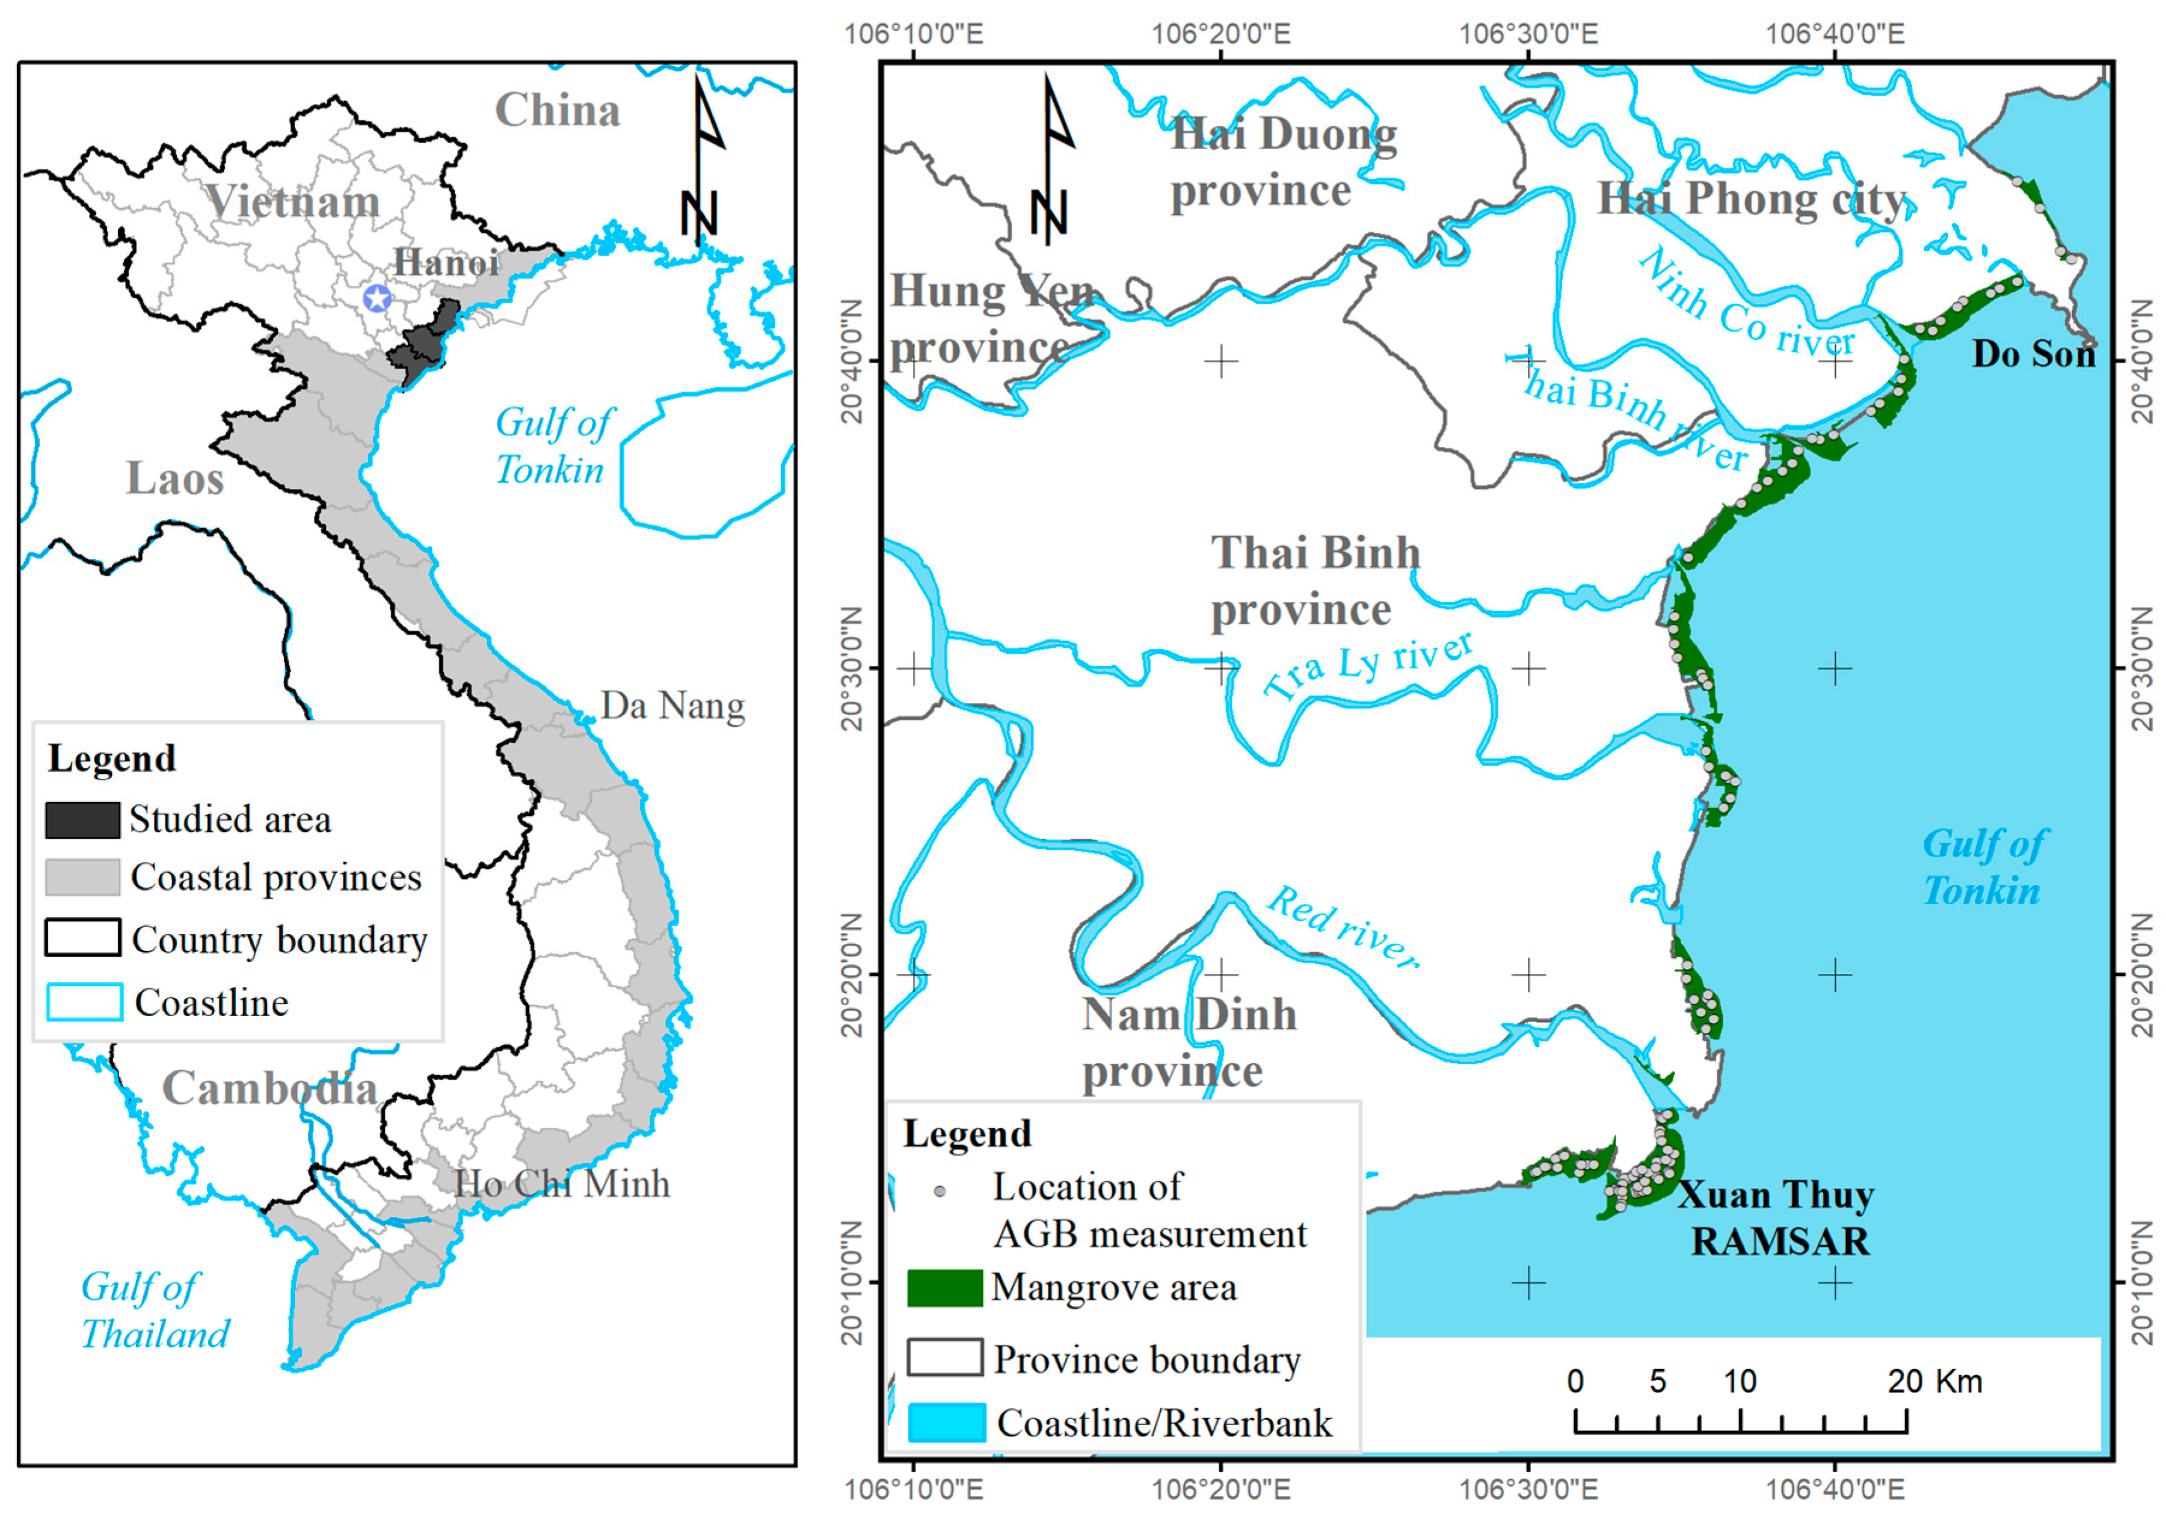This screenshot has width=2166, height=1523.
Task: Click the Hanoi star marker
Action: click(x=377, y=299)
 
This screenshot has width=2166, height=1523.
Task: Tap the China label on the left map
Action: click(x=558, y=111)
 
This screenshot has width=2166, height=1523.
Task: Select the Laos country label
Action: click(x=176, y=478)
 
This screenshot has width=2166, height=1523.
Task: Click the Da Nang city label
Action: click(x=672, y=706)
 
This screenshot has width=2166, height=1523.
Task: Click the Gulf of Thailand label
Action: click(x=155, y=1311)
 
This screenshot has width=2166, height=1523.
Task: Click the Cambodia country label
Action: click(x=270, y=1088)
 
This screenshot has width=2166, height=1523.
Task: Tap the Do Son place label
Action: click(x=2033, y=354)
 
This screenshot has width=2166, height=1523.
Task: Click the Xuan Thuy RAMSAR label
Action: click(x=1776, y=1218)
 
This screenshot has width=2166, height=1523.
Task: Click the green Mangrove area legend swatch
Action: click(x=944, y=1288)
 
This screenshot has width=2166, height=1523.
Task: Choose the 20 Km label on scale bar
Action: click(x=1934, y=1382)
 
